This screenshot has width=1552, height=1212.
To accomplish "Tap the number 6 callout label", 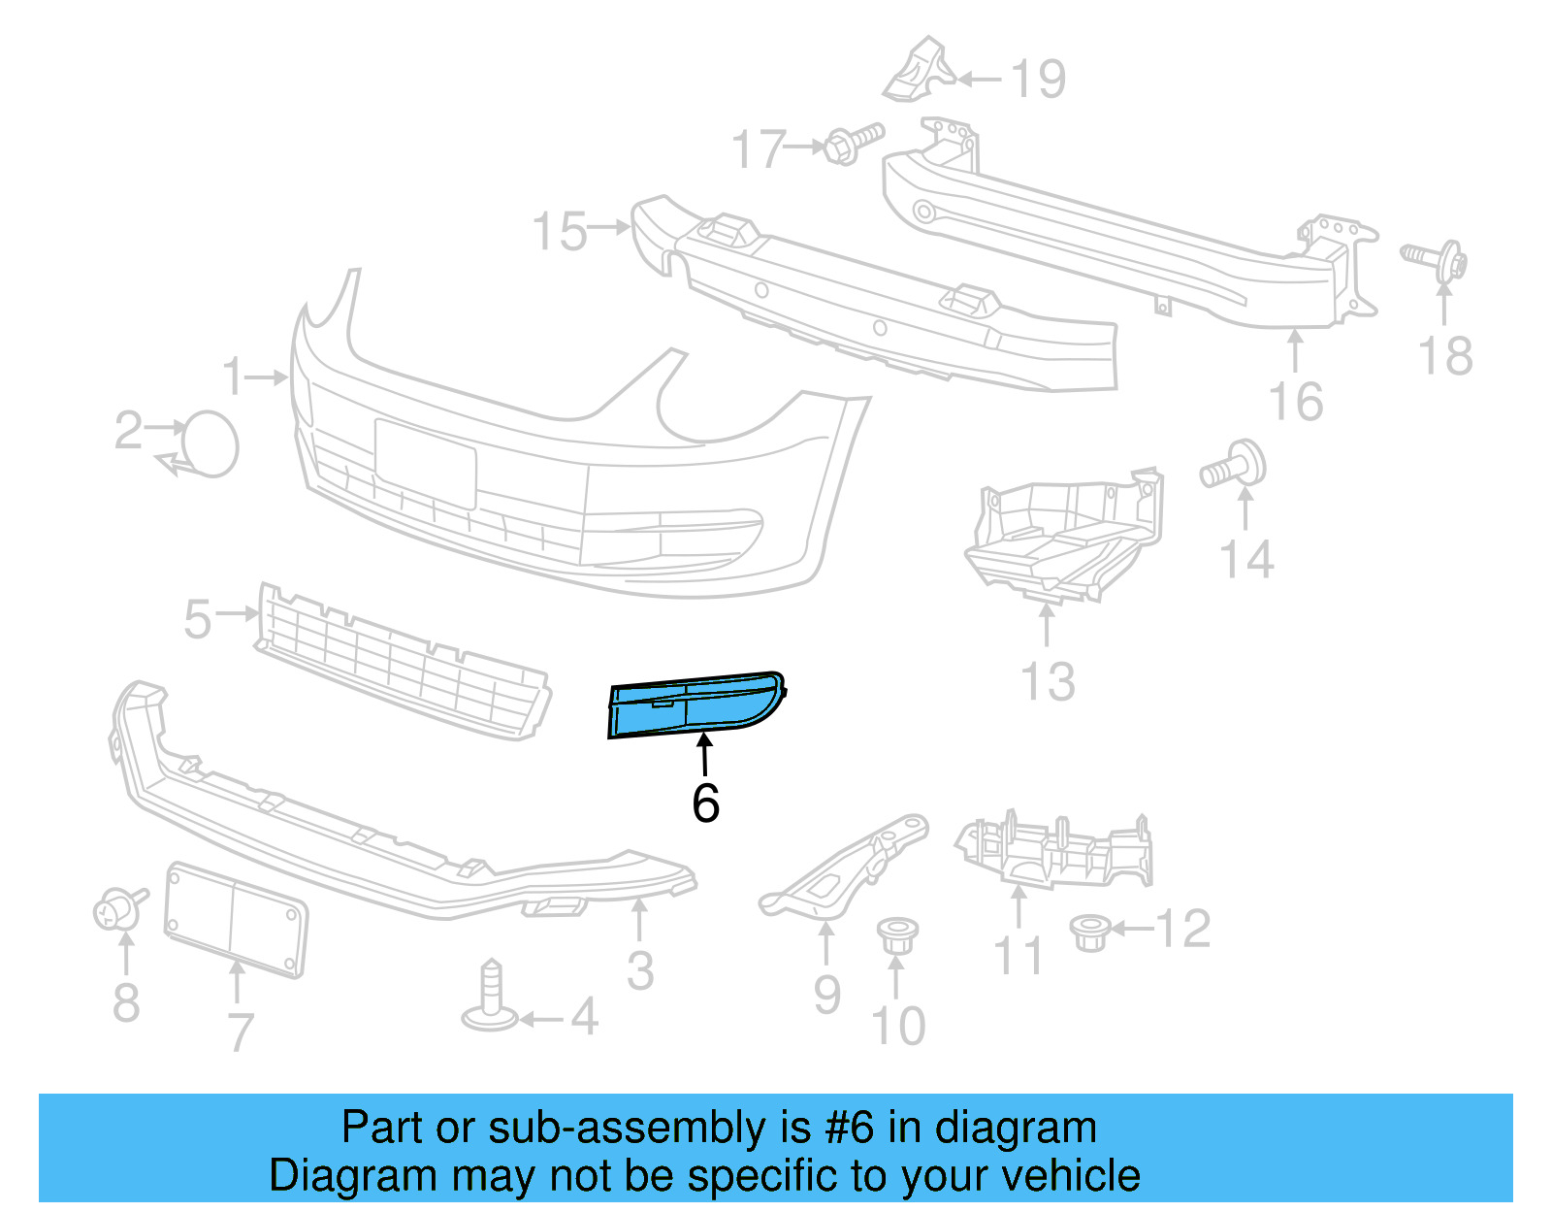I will click(x=705, y=803).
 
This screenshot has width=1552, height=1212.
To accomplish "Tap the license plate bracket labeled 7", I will click(x=236, y=917).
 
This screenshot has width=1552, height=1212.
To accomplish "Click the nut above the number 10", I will click(x=896, y=935).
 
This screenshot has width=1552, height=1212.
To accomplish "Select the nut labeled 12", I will click(x=1089, y=932).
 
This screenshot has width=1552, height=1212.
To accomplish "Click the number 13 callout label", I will click(x=1049, y=682).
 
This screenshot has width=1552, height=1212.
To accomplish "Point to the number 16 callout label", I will click(x=1296, y=402).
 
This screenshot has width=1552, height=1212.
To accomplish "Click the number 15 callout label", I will click(x=560, y=232).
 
